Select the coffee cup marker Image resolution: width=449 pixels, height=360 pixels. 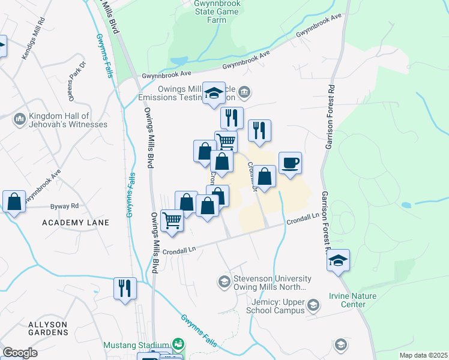tap(290, 163)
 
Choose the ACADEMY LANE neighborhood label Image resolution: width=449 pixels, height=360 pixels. tap(76, 223)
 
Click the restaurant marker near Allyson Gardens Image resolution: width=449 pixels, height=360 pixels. tap(125, 287)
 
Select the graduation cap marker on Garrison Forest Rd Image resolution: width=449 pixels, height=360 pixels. tap(339, 260)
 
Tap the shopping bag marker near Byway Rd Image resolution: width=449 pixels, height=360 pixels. tap(14, 201)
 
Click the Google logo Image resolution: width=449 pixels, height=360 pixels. tap(20, 353)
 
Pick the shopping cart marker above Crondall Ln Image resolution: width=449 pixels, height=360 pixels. tap(172, 221)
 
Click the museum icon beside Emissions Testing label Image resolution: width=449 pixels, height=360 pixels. tap(244, 92)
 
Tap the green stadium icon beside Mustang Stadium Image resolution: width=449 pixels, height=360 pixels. tap(178, 345)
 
